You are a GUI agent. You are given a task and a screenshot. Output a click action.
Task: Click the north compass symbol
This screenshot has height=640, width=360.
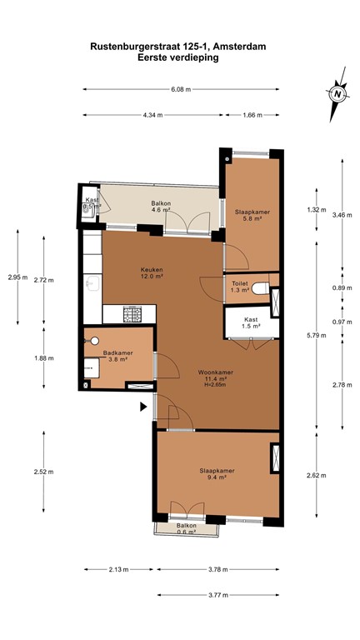pos(338,94)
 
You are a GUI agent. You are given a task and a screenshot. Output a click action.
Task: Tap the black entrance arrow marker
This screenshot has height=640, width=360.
pos(143,407)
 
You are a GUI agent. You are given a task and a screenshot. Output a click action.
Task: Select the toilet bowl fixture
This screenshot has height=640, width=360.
pos(260,288)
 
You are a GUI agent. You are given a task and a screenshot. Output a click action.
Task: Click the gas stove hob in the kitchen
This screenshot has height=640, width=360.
pos(132,314)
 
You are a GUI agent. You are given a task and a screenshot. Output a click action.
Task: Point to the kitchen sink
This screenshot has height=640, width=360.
pos(92,282)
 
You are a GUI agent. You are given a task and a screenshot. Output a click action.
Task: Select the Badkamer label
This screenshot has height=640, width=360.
pos(118,353)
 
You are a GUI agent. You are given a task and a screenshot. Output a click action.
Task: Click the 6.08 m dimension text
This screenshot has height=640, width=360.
pos(181,89)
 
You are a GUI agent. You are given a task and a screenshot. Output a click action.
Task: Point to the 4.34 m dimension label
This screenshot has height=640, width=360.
pos(152,115)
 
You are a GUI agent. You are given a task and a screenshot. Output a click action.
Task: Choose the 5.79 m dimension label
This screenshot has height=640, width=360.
pos(317,336)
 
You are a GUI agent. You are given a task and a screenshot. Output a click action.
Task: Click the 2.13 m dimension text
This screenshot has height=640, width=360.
pos(119,569)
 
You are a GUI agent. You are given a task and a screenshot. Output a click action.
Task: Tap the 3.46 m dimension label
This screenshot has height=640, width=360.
pos(342,215)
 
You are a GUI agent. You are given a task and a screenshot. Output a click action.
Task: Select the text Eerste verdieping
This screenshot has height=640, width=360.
pos(178,57)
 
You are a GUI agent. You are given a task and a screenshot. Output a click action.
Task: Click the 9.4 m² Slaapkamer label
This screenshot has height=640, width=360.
pos(217,474)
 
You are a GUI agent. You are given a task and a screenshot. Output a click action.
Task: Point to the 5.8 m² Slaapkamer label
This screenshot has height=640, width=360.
pos(252,215)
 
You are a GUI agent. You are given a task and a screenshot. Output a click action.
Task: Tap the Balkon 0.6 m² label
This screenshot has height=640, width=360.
pos(186,528)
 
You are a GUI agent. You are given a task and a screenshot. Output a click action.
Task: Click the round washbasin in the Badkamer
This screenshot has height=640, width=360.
pos(95,341)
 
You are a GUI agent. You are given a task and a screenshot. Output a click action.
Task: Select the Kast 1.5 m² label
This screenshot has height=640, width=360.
pos(252,322)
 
